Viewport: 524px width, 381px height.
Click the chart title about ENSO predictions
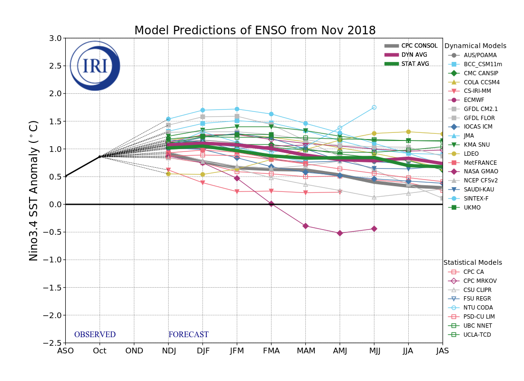pyautogui.click(x=255, y=31)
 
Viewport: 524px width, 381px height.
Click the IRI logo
pyautogui.click(x=95, y=66)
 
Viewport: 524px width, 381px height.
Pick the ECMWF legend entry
pyautogui.click(x=474, y=100)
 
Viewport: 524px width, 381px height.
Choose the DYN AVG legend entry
pyautogui.click(x=414, y=55)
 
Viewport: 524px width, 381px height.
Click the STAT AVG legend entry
pyautogui.click(x=415, y=64)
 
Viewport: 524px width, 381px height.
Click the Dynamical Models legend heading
pyautogui.click(x=475, y=46)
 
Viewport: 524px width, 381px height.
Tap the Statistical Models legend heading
pyautogui.click(x=473, y=263)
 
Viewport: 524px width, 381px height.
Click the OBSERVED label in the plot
pyautogui.click(x=95, y=335)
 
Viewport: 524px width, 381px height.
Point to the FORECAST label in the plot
pyautogui.click(x=188, y=335)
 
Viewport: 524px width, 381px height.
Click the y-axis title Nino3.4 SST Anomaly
pyautogui.click(x=34, y=190)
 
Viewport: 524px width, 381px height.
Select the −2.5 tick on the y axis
pyautogui.click(x=53, y=343)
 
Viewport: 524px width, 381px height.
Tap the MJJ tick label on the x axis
pyautogui.click(x=374, y=351)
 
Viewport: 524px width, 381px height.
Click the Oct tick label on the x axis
pyautogui.click(x=100, y=351)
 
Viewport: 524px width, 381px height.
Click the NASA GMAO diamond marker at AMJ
pyautogui.click(x=340, y=233)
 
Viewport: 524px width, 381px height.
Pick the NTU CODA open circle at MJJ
pyautogui.click(x=374, y=107)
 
